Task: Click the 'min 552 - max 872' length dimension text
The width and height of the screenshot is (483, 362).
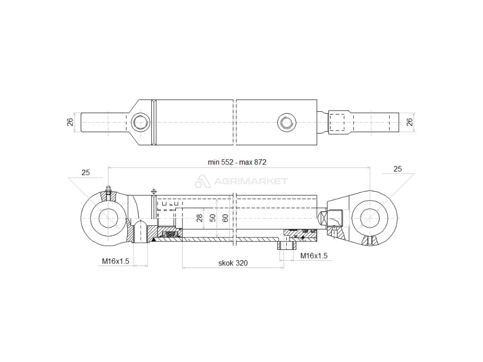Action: [x=237, y=162]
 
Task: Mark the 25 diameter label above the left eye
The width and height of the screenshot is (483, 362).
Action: [x=85, y=173]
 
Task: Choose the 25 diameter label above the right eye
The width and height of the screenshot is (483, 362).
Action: [x=398, y=169]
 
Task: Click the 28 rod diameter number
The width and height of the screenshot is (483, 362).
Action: [x=200, y=218]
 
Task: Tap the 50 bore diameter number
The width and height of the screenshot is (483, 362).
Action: [x=213, y=218]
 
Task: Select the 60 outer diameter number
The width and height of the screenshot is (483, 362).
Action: [x=225, y=218]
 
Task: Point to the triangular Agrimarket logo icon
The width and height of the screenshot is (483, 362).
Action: [x=202, y=181]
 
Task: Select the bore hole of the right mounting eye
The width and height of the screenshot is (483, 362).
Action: [x=370, y=217]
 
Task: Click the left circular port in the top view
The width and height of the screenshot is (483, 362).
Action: [x=140, y=122]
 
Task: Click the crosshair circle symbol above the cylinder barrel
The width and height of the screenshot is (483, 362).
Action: [x=153, y=192]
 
